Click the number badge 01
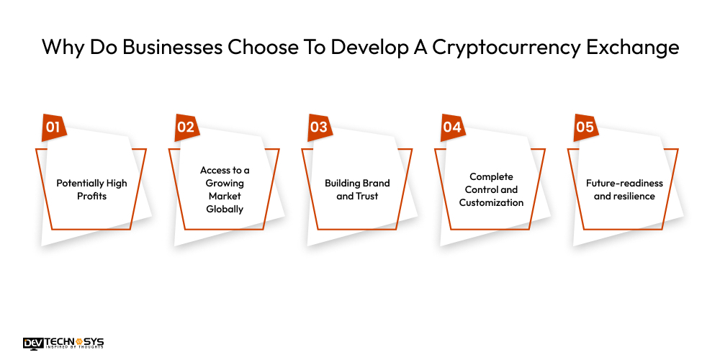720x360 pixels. click(x=53, y=127)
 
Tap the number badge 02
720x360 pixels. click(x=186, y=127)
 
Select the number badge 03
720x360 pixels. click(x=319, y=127)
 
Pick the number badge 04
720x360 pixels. click(x=452, y=127)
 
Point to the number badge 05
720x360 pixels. click(x=585, y=127)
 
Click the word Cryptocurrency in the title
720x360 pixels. click(x=506, y=48)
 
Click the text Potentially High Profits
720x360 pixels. click(x=91, y=189)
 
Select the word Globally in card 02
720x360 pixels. click(x=225, y=210)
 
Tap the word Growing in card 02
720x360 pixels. click(x=225, y=183)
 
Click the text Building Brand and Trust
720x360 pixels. click(x=357, y=189)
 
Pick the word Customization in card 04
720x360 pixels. click(x=492, y=202)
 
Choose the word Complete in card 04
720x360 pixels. click(x=490, y=176)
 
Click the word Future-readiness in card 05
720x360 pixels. click(x=624, y=183)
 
